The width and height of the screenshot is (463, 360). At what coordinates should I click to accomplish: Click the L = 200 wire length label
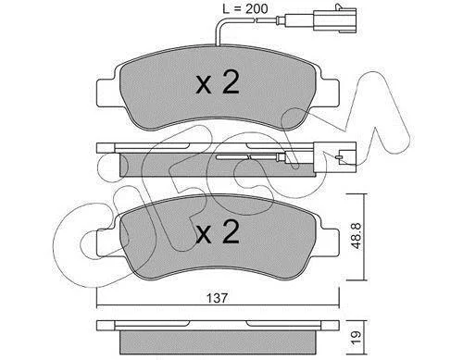click(244, 9)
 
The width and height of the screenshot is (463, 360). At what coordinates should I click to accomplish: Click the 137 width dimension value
click(217, 298)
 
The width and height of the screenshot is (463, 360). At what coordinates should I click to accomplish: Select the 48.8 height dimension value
click(357, 236)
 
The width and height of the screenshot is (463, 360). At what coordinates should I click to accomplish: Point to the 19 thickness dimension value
click(357, 338)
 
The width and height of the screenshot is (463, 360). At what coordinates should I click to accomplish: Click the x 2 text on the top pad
click(218, 82)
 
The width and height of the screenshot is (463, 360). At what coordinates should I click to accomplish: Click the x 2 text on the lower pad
click(218, 232)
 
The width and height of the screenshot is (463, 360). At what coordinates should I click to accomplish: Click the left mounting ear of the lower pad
click(106, 242)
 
